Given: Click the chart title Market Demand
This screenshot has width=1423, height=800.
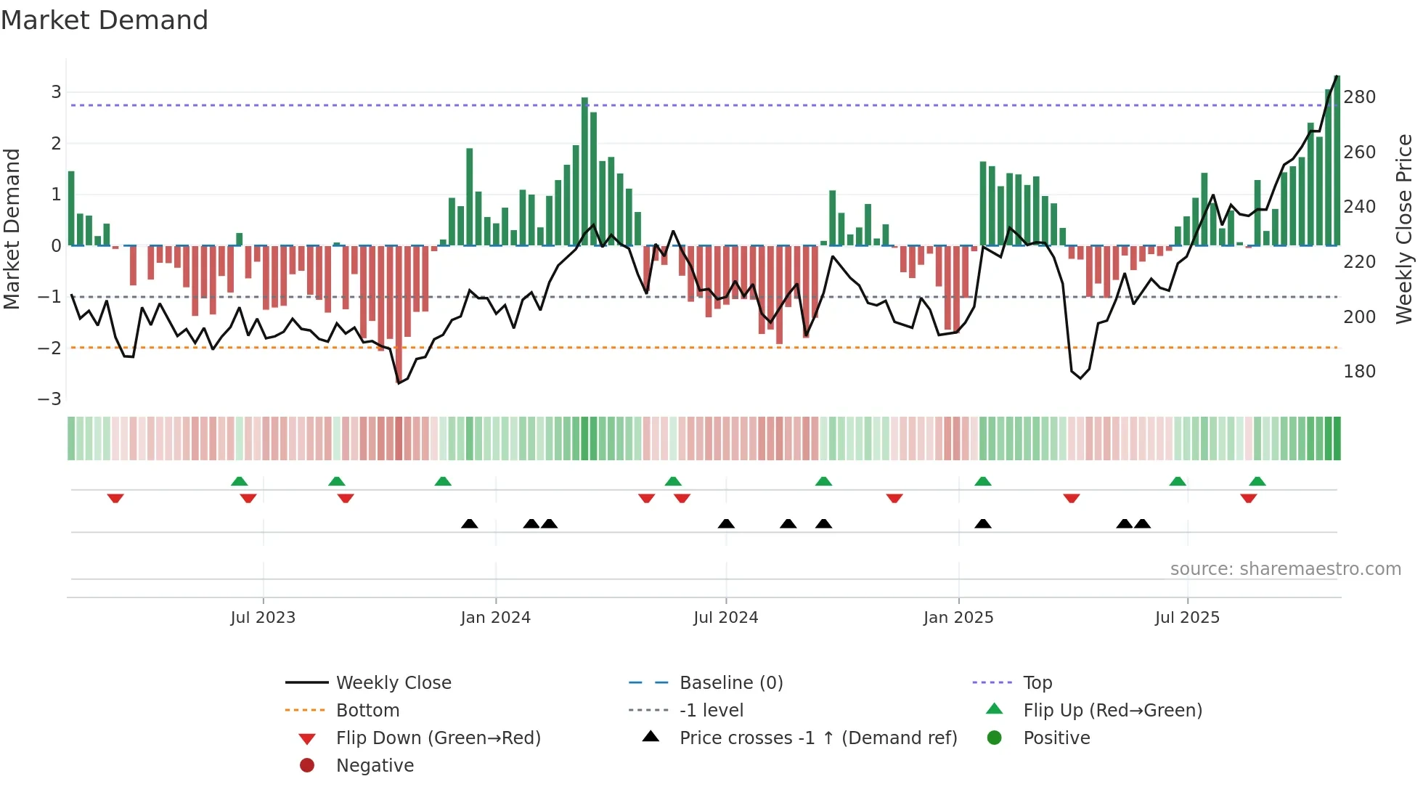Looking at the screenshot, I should (x=105, y=20).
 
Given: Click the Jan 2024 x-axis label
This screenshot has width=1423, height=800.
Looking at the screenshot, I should (x=495, y=618).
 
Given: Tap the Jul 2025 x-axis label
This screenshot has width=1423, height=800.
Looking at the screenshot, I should (x=1187, y=618).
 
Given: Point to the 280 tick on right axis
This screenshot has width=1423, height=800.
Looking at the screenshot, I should (x=1359, y=97).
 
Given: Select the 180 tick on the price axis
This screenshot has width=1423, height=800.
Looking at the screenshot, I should (x=1359, y=372).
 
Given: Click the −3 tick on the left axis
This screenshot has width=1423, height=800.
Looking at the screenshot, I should (x=49, y=399).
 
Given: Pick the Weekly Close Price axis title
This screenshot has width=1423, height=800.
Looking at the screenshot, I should (x=1403, y=229).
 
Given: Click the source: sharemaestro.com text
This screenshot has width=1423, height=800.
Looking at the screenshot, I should (x=1285, y=569).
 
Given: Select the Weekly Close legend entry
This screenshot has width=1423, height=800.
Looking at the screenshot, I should (x=393, y=683).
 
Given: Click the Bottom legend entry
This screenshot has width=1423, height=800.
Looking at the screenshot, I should (x=367, y=711).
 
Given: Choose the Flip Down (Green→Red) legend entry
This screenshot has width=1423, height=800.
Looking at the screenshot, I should (x=438, y=738).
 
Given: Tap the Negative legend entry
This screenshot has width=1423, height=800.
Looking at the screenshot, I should (x=375, y=766).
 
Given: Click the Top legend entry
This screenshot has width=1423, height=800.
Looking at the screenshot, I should (x=1037, y=683).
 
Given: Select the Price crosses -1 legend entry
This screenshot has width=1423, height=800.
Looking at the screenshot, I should (x=817, y=738).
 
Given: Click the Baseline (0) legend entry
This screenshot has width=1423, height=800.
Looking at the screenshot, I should (x=730, y=683).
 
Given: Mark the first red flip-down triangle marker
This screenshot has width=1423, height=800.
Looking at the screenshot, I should (x=115, y=498).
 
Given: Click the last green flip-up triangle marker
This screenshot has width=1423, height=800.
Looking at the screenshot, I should (x=1257, y=481).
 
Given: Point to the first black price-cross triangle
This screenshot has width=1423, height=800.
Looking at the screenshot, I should (x=470, y=523).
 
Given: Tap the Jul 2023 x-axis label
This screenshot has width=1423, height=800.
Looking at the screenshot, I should (x=263, y=618).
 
